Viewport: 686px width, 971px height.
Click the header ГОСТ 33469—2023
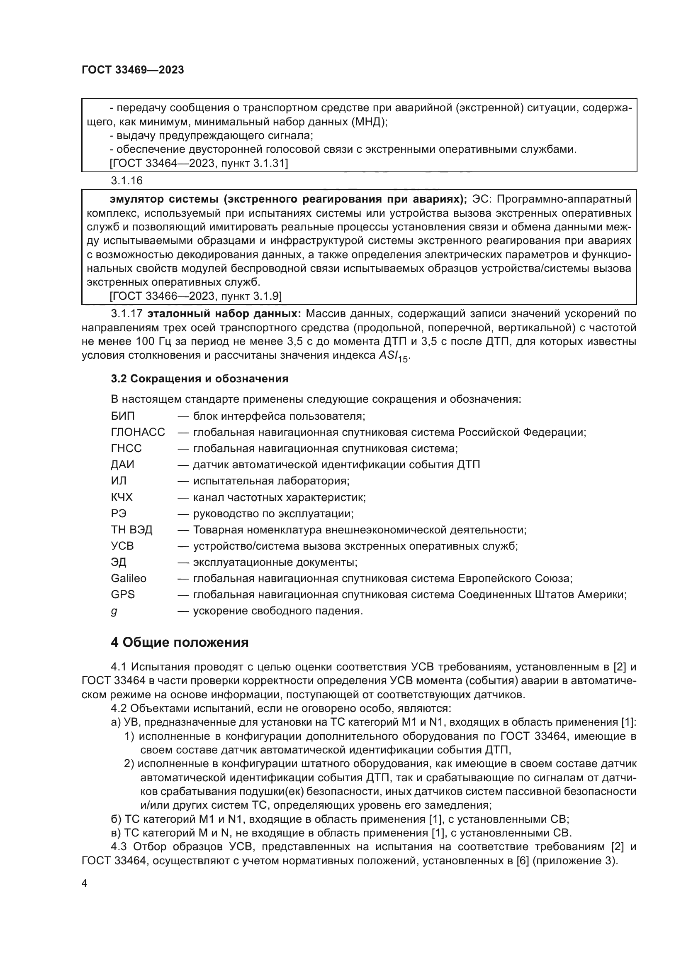click(x=133, y=70)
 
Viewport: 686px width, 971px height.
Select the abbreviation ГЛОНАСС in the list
click(x=138, y=432)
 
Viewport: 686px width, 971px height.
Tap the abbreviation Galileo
click(x=129, y=578)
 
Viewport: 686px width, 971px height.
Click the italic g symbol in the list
click(x=114, y=611)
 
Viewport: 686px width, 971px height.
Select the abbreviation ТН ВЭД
click(x=131, y=529)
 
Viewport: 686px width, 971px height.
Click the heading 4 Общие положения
click(x=180, y=642)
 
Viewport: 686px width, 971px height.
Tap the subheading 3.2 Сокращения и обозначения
click(x=199, y=379)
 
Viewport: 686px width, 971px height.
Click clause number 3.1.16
click(x=127, y=181)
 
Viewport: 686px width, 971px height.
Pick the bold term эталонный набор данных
click(x=224, y=314)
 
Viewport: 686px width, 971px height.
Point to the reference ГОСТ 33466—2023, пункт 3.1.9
click(x=196, y=296)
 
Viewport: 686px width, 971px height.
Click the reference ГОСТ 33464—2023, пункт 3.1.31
click(x=199, y=163)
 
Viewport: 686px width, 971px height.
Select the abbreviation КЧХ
click(x=122, y=497)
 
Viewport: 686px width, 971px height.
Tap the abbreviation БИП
click(x=122, y=416)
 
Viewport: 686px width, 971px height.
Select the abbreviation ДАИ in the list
click(x=122, y=465)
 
